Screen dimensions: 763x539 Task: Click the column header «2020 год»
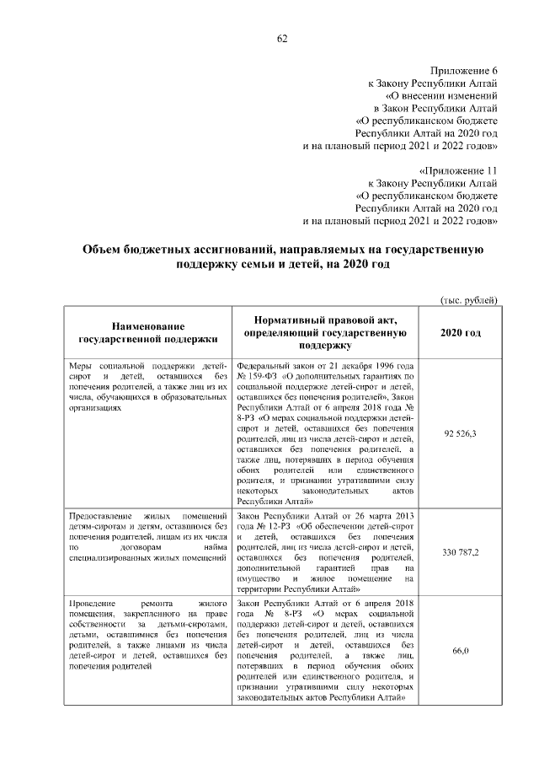tap(461, 333)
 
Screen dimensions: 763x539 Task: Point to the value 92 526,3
tap(461, 433)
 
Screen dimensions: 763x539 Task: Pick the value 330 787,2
tap(461, 552)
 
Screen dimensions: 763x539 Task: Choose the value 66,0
tap(461, 650)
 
